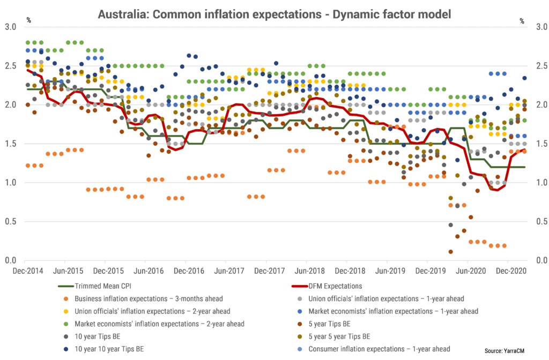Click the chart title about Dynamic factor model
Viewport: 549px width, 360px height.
(274, 14)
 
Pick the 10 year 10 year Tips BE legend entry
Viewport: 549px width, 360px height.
(105, 349)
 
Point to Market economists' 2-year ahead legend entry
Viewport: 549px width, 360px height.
(159, 324)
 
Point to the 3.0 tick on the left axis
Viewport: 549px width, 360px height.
(11, 27)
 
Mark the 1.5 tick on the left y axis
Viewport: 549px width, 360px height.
(11, 144)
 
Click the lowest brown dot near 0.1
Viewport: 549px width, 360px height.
(450, 252)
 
